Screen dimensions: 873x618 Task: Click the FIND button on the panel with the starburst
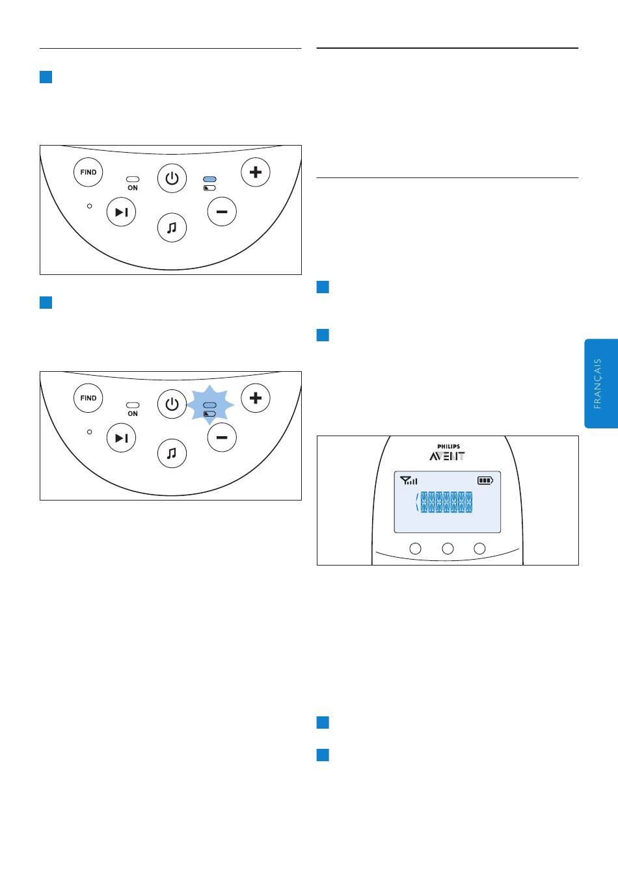pyautogui.click(x=88, y=398)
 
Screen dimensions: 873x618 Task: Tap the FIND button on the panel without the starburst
pyautogui.click(x=88, y=172)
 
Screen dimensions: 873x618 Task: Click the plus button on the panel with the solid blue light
pyautogui.click(x=256, y=172)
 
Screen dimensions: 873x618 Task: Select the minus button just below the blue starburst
pyautogui.click(x=222, y=437)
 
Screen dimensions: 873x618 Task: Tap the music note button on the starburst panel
pyautogui.click(x=172, y=454)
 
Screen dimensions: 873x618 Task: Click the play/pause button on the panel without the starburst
pyautogui.click(x=121, y=212)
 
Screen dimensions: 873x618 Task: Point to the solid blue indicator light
pyautogui.click(x=209, y=179)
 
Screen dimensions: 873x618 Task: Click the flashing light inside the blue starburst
pyautogui.click(x=209, y=405)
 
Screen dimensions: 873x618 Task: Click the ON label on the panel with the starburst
pyautogui.click(x=133, y=414)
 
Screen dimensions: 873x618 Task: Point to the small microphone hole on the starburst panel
pyautogui.click(x=90, y=432)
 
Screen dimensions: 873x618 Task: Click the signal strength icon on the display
pyautogui.click(x=409, y=481)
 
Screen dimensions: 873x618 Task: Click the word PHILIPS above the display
pyautogui.click(x=448, y=447)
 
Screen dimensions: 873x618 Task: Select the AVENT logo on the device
pyautogui.click(x=447, y=456)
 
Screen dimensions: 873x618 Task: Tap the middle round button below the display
pyautogui.click(x=448, y=549)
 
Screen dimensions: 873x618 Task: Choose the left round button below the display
pyautogui.click(x=415, y=549)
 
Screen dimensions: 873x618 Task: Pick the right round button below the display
pyautogui.click(x=480, y=549)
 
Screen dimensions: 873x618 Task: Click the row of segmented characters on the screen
pyautogui.click(x=446, y=502)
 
